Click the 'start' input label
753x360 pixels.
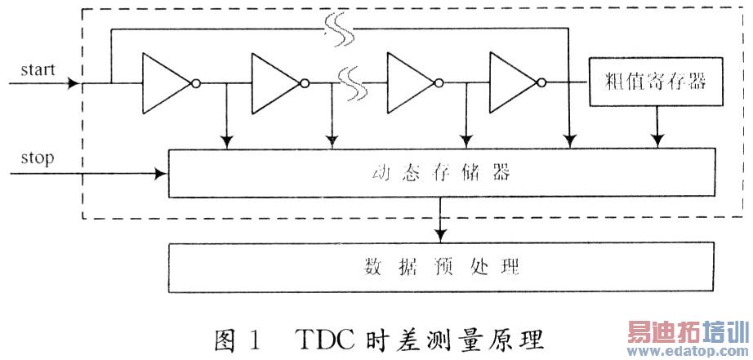(x=38, y=69)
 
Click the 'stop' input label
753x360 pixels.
(x=37, y=158)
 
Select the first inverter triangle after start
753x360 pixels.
(x=166, y=82)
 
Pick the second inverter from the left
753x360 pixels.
(x=276, y=82)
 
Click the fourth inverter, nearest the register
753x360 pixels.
(x=514, y=82)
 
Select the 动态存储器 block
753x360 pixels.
(x=441, y=174)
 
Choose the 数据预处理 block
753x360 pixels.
(x=441, y=267)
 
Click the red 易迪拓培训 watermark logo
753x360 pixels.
(x=687, y=333)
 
